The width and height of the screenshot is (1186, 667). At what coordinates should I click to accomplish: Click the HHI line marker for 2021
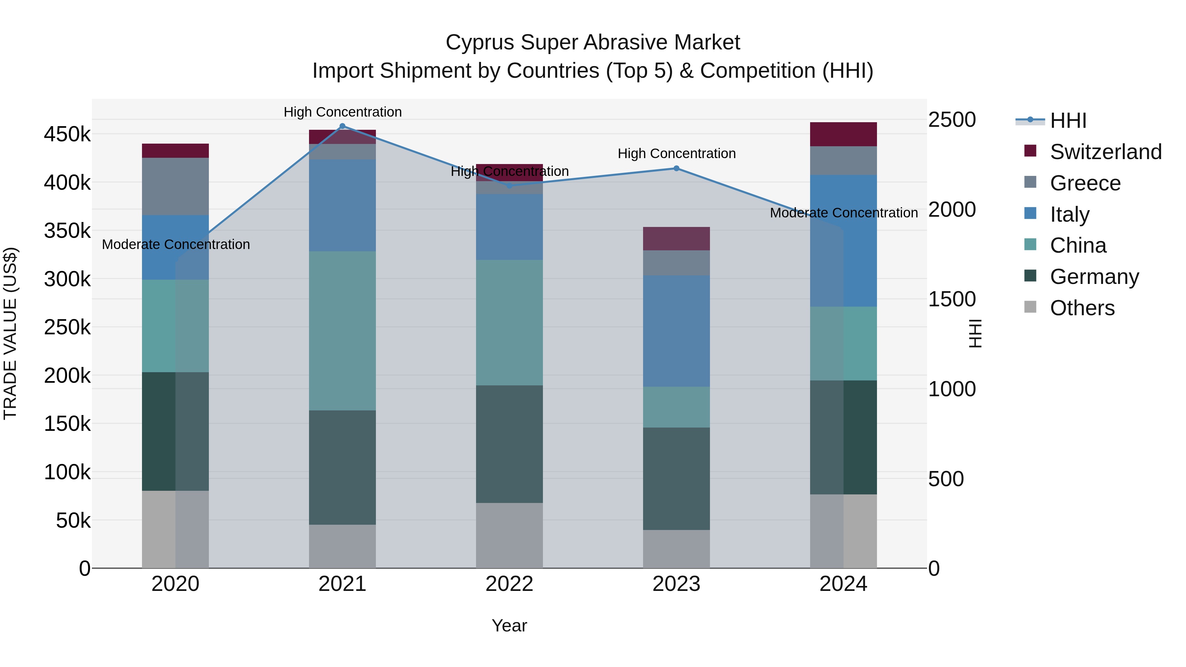(342, 126)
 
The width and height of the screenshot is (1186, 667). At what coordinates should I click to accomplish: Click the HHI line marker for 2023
(676, 168)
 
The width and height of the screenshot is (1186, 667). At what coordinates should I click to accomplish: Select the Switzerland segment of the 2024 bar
(843, 134)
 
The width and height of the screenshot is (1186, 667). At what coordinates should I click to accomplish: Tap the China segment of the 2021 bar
(342, 330)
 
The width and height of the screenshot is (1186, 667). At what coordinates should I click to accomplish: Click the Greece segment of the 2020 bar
(175, 186)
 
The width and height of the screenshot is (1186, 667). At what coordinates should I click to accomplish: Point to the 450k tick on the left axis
(67, 134)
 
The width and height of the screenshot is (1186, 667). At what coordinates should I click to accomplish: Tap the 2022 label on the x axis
(509, 584)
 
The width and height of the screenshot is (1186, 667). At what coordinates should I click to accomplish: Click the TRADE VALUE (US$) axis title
(10, 333)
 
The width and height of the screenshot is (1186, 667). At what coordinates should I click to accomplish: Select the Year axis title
(509, 625)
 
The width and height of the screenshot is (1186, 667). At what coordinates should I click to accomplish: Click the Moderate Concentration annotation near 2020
(176, 244)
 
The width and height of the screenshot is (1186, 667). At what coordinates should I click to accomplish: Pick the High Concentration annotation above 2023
(676, 153)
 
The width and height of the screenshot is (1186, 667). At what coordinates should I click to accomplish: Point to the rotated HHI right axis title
(975, 333)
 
